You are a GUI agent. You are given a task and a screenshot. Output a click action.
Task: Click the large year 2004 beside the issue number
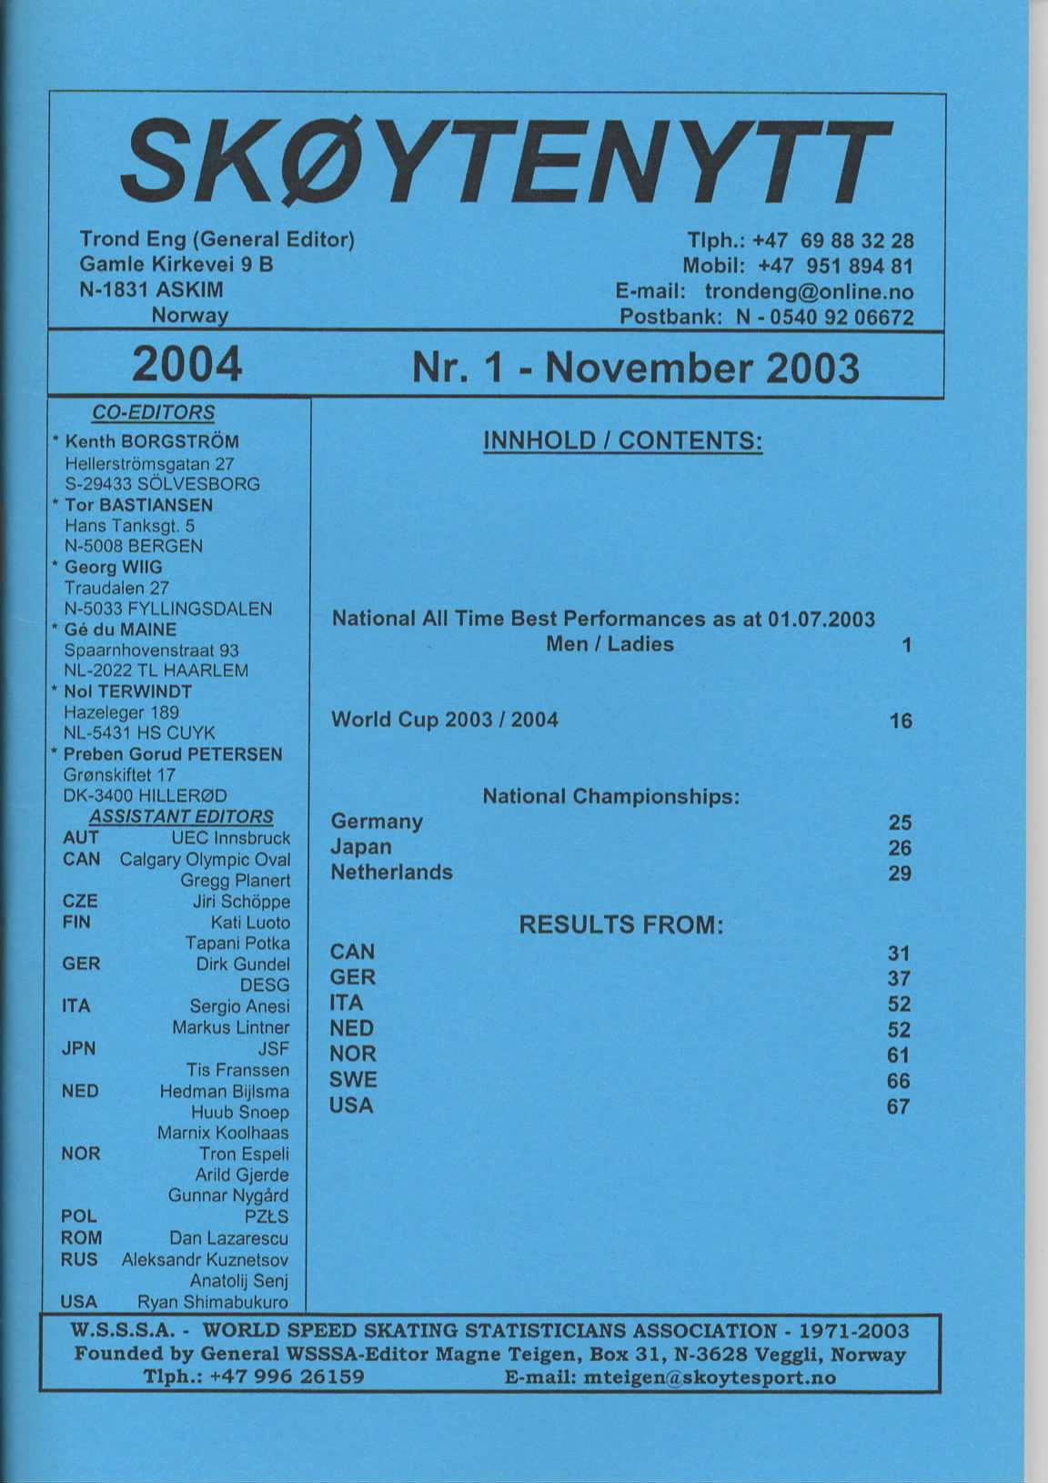[x=186, y=364]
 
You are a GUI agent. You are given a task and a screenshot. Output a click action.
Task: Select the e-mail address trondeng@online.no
[x=809, y=292]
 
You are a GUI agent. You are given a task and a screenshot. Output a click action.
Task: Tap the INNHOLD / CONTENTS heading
[x=623, y=441]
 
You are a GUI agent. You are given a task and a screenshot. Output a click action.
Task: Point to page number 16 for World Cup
[x=901, y=721]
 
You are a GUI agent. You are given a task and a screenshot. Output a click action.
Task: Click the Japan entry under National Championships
[x=361, y=847]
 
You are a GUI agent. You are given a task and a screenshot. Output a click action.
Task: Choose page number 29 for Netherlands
[x=900, y=873]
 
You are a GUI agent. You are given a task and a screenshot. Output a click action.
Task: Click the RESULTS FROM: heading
[x=620, y=925]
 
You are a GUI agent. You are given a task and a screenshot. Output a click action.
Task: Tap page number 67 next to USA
[x=899, y=1106]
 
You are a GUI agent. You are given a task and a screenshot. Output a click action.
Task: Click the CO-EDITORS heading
[x=154, y=413]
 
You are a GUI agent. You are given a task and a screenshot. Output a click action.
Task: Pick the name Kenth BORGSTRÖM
[x=152, y=442]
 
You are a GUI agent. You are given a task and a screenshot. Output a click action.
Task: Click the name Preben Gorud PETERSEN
[x=173, y=754]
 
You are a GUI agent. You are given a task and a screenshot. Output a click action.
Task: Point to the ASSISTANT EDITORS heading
[x=182, y=817]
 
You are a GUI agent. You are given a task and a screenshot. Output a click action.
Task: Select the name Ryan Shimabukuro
[x=213, y=1302]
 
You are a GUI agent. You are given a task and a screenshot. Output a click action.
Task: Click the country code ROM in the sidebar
[x=81, y=1238]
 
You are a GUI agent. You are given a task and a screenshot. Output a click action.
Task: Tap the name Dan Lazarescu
[x=229, y=1238]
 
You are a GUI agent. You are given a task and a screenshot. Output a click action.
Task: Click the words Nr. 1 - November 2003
[x=635, y=368]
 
